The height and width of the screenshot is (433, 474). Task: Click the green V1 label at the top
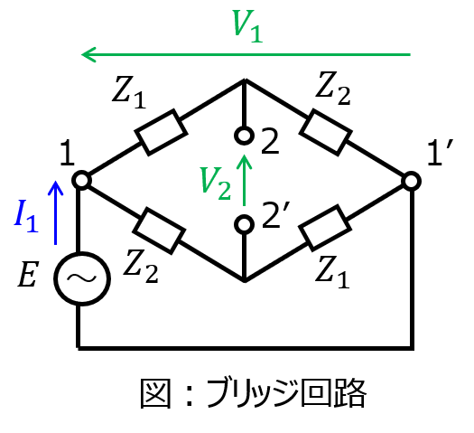click(x=247, y=26)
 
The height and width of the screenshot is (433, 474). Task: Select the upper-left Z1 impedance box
click(x=161, y=133)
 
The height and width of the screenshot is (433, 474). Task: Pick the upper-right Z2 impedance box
click(x=326, y=133)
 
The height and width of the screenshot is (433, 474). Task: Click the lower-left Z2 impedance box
click(x=159, y=231)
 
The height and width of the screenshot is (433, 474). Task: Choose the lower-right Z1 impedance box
click(x=325, y=228)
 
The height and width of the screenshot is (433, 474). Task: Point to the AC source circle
click(x=82, y=278)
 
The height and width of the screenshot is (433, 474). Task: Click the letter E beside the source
click(x=28, y=274)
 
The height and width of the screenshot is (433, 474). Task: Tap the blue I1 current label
click(x=26, y=216)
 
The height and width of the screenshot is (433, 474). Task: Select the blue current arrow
click(x=56, y=212)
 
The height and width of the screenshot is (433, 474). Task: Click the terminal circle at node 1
click(x=81, y=180)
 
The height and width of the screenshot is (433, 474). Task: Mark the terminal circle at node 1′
click(x=411, y=182)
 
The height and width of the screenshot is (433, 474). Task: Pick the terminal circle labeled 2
click(x=244, y=136)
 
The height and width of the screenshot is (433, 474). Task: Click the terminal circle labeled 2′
click(x=244, y=224)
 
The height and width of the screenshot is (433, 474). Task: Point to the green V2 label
click(x=216, y=184)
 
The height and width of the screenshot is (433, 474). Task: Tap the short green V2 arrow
click(x=245, y=180)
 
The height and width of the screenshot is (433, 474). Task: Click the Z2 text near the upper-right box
click(x=333, y=89)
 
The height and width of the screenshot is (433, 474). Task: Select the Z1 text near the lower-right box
click(x=332, y=272)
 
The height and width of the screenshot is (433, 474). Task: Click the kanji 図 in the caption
click(x=156, y=393)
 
